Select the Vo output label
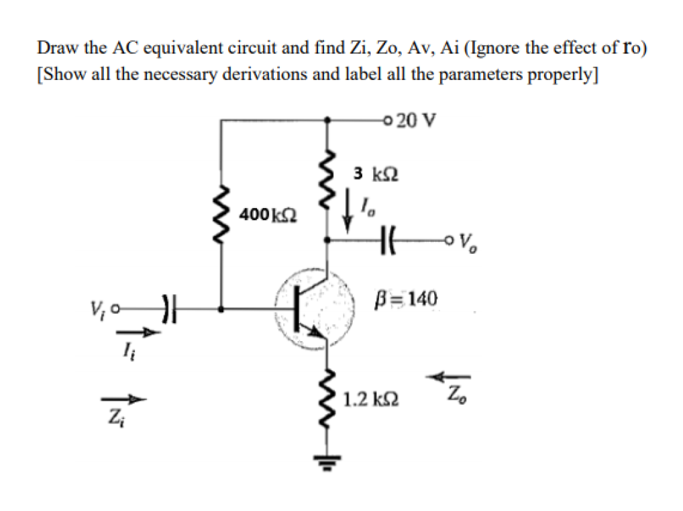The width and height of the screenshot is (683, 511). [x=465, y=240]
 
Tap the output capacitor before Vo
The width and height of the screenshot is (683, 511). [x=388, y=238]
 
